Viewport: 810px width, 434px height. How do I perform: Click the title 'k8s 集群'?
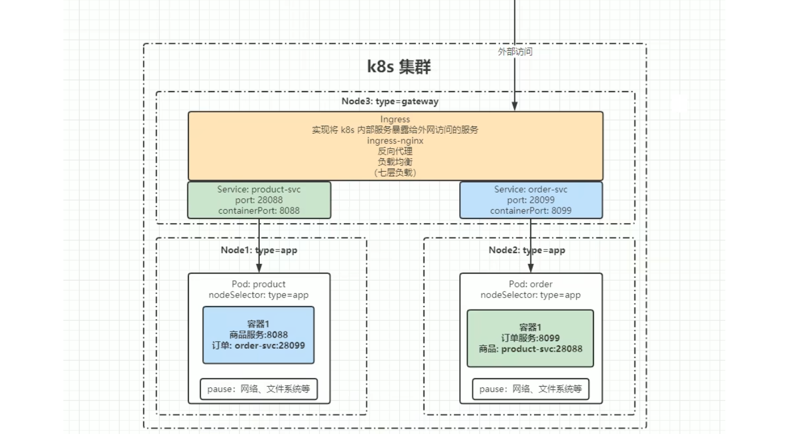pyautogui.click(x=399, y=67)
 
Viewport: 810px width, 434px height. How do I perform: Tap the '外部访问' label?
pyautogui.click(x=515, y=51)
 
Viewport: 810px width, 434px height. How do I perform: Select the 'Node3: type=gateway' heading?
pyautogui.click(x=390, y=101)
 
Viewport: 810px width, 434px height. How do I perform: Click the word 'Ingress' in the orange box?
pyautogui.click(x=395, y=119)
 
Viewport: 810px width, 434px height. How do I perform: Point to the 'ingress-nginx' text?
pyautogui.click(x=395, y=141)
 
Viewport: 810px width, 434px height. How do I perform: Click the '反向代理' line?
pyautogui.click(x=395, y=151)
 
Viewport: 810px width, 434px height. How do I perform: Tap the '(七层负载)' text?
pyautogui.click(x=395, y=172)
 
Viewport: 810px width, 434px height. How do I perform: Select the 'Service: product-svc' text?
pyautogui.click(x=259, y=189)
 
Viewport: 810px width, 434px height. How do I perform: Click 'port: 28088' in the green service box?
pyautogui.click(x=259, y=200)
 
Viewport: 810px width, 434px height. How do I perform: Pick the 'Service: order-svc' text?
pyautogui.click(x=531, y=189)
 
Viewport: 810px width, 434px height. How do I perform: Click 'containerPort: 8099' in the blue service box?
pyautogui.click(x=531, y=211)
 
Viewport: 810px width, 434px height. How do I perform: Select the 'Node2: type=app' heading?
pyautogui.click(x=527, y=250)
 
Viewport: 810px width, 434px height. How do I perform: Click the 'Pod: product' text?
pyautogui.click(x=259, y=284)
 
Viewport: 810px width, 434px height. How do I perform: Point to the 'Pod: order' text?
pyautogui.click(x=531, y=284)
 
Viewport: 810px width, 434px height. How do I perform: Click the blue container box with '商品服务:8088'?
pyautogui.click(x=259, y=335)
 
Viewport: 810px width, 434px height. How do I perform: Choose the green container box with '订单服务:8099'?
pyautogui.click(x=530, y=338)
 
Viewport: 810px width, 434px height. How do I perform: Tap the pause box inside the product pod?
pyautogui.click(x=259, y=389)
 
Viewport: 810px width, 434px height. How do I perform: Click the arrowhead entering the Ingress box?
pyautogui.click(x=515, y=107)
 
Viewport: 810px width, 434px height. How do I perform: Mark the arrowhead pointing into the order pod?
pyautogui.click(x=531, y=268)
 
